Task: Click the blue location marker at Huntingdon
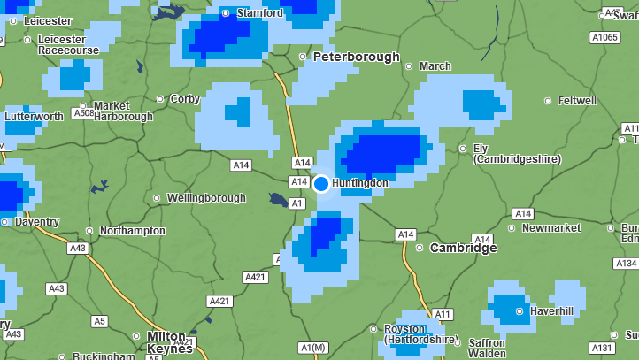pyautogui.click(x=321, y=183)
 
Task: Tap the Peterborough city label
pyautogui.click(x=356, y=57)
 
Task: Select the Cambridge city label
pyautogui.click(x=463, y=248)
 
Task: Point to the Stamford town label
pyautogui.click(x=259, y=13)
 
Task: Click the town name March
pyautogui.click(x=435, y=66)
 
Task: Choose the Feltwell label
pyautogui.click(x=577, y=101)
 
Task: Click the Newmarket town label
pyautogui.click(x=550, y=228)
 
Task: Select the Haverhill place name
pyautogui.click(x=550, y=310)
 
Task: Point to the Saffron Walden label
pyautogui.click(x=487, y=348)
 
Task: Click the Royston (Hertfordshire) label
pyautogui.click(x=420, y=333)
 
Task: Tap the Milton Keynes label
pyautogui.click(x=169, y=342)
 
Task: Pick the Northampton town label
pyautogui.click(x=132, y=231)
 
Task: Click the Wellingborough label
pyautogui.click(x=205, y=198)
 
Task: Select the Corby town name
pyautogui.click(x=185, y=99)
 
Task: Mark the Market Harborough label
pyautogui.click(x=123, y=111)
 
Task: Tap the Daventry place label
pyautogui.click(x=37, y=222)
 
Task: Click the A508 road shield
pyautogui.click(x=84, y=113)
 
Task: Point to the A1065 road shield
pyautogui.click(x=604, y=37)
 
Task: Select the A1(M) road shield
pyautogui.click(x=313, y=347)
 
